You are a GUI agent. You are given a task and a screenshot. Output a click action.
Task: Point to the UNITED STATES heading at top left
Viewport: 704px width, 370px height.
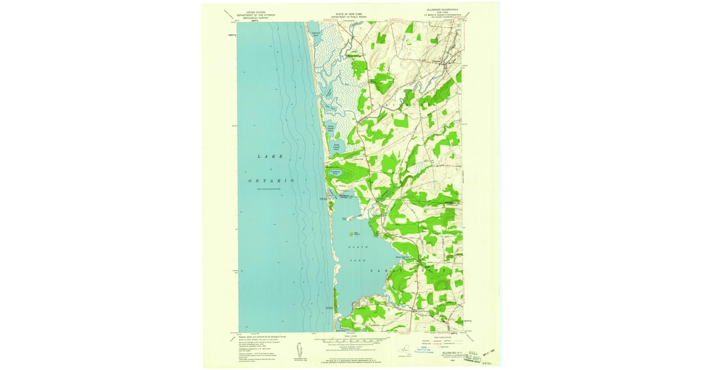256,12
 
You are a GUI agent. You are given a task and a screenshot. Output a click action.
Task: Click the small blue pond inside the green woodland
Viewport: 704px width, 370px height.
334,172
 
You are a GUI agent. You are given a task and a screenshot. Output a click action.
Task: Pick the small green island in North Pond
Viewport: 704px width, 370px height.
356,233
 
